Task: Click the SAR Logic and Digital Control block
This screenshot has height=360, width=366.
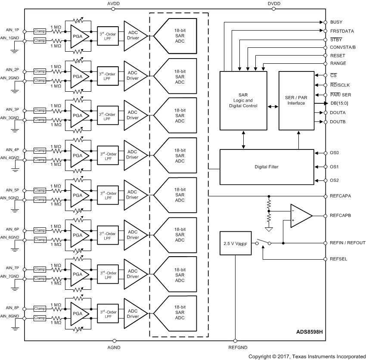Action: [244, 100]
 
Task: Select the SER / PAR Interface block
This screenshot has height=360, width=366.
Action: [296, 100]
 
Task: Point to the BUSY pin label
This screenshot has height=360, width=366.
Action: [336, 22]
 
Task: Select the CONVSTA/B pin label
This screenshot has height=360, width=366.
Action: [343, 47]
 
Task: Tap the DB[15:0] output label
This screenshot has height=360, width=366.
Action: [340, 103]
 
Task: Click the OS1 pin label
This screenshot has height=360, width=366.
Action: [335, 167]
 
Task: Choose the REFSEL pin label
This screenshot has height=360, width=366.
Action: [338, 259]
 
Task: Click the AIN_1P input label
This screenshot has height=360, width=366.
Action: [12, 30]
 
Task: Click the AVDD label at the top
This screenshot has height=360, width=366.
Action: [114, 3]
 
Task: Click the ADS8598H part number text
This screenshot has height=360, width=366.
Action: [310, 332]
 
